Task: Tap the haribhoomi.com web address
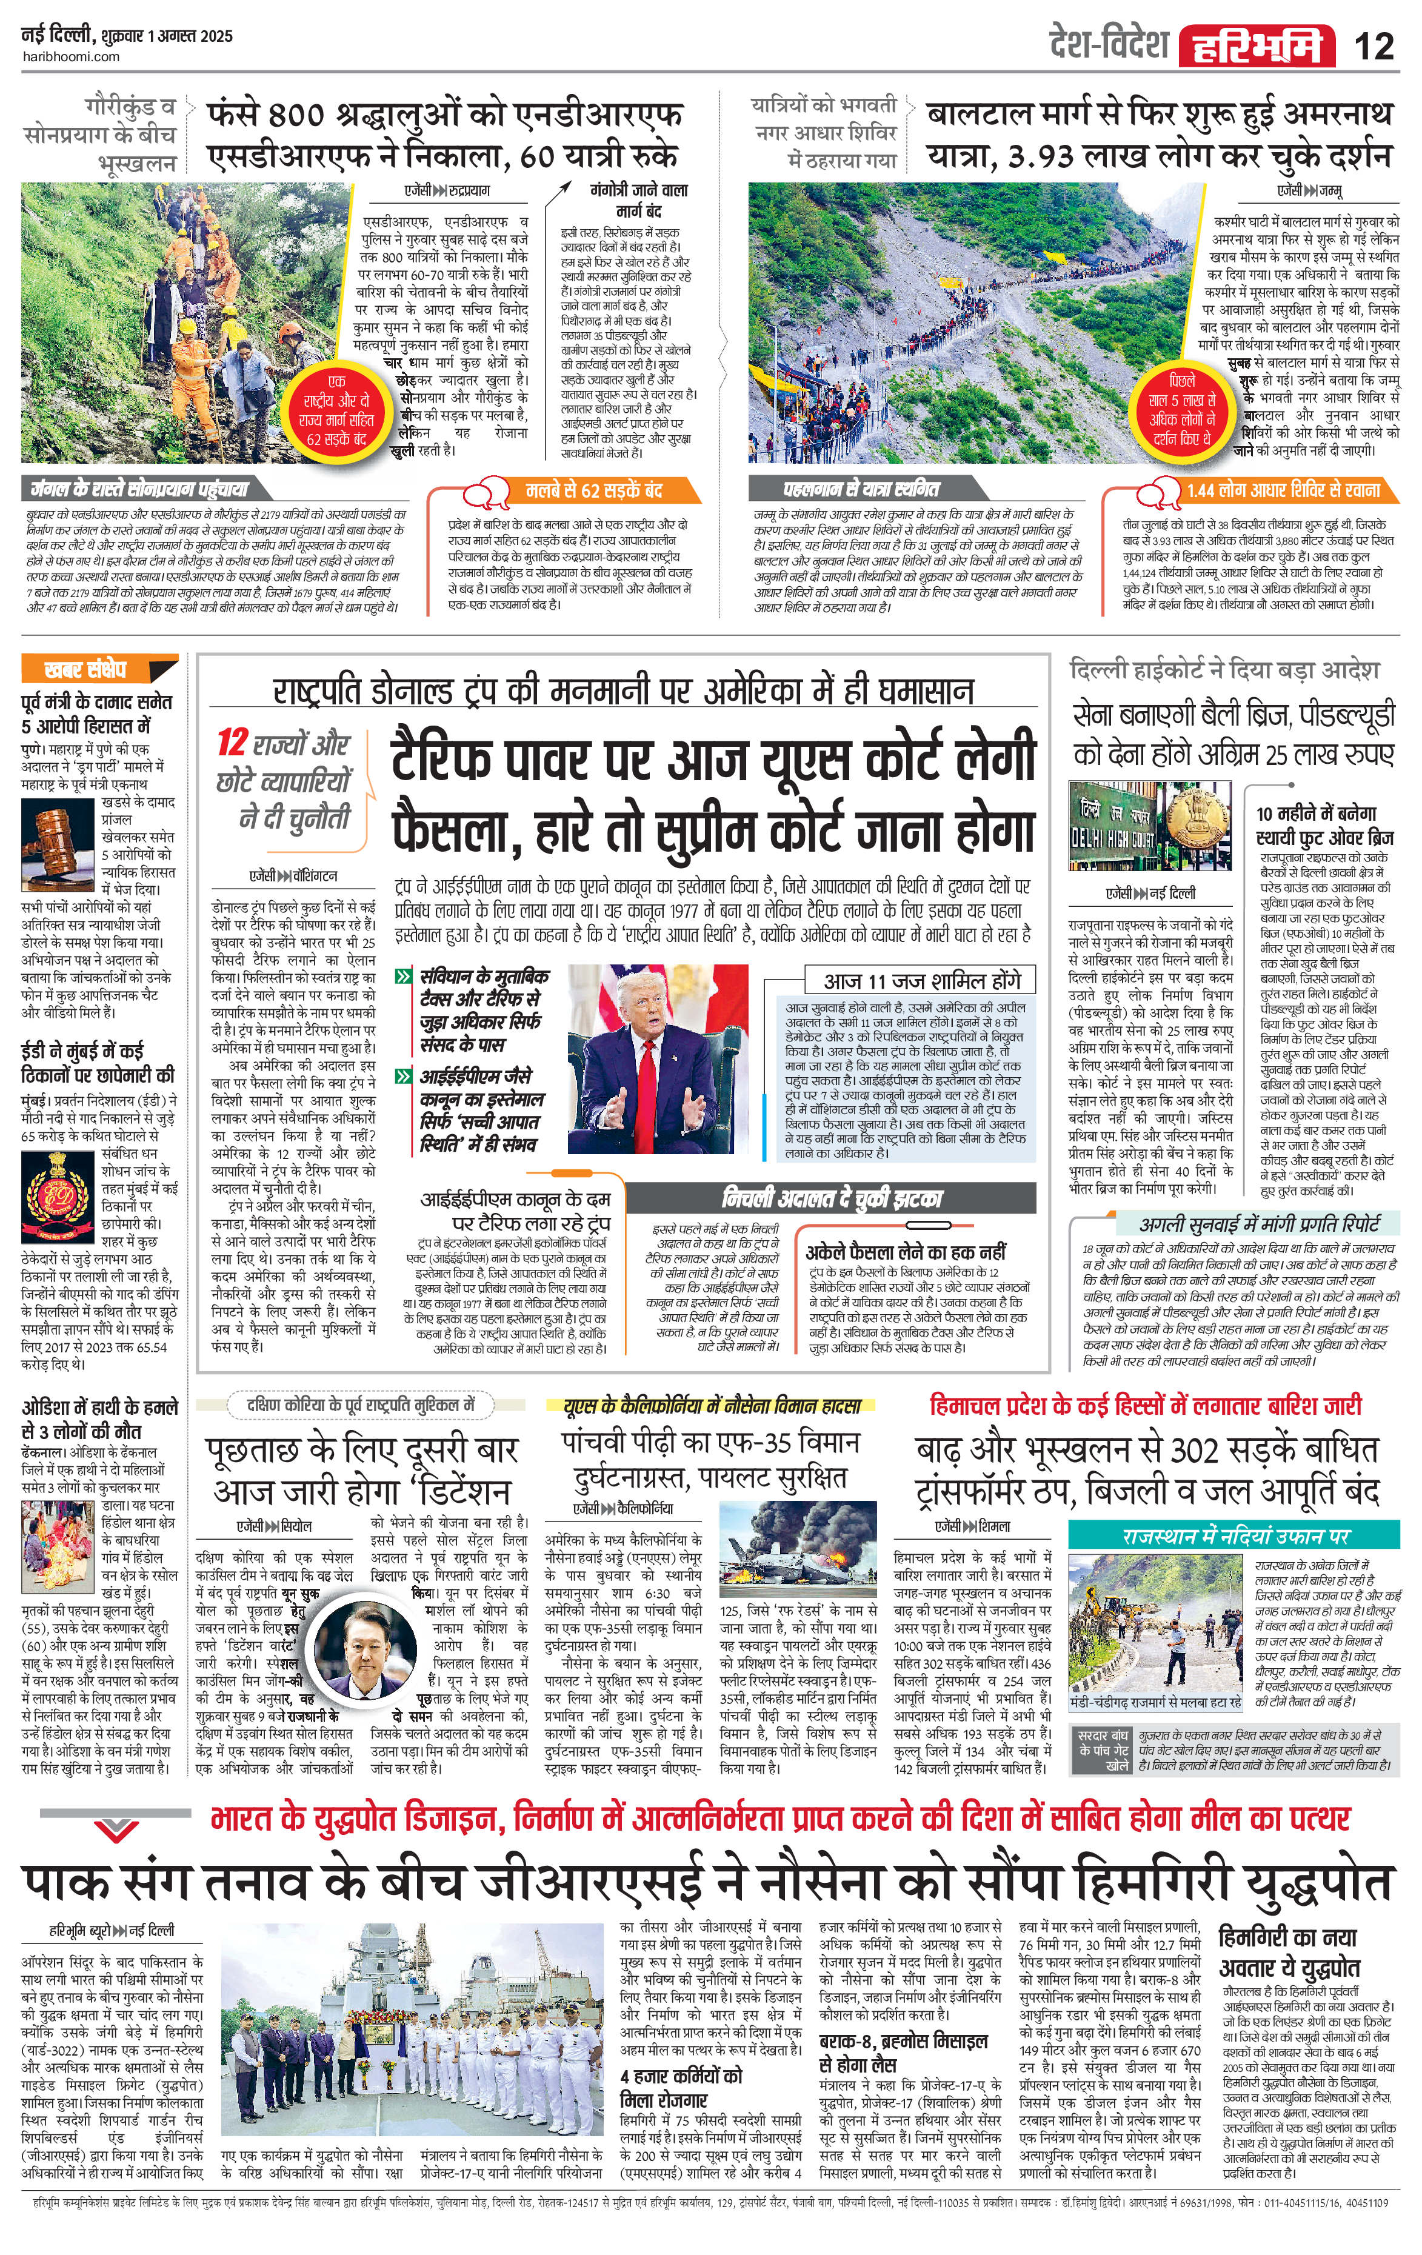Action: tap(70, 56)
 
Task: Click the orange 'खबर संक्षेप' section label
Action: tap(86, 669)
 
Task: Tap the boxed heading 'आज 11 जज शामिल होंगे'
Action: tap(921, 980)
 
